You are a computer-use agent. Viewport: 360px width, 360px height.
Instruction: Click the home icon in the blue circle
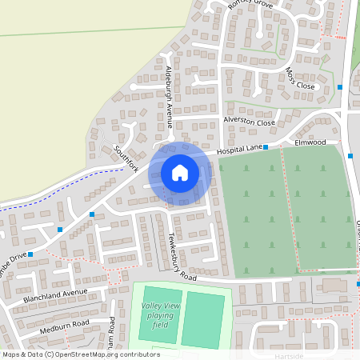[x=180, y=172]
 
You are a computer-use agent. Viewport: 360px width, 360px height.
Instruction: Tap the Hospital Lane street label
[x=242, y=148]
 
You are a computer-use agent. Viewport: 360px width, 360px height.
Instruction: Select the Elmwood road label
[x=310, y=142]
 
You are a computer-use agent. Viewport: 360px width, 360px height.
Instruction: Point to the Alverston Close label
[x=249, y=122]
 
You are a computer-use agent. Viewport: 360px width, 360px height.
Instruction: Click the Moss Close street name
[x=301, y=78]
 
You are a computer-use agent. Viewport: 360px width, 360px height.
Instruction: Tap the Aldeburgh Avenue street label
[x=169, y=94]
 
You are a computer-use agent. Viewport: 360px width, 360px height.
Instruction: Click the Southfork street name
[x=126, y=158]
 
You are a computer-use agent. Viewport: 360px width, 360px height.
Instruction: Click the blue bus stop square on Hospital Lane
[x=266, y=147]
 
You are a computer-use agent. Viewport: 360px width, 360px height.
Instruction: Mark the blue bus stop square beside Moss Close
[x=340, y=86]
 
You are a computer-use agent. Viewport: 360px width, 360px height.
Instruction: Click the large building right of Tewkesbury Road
[x=336, y=286]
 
